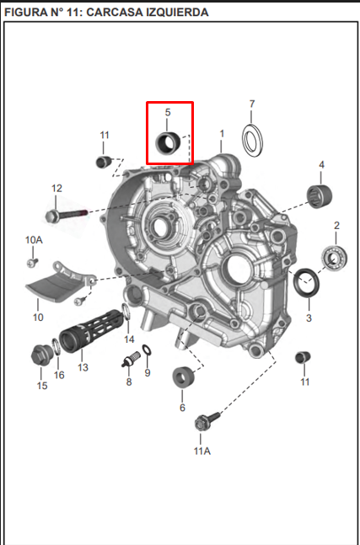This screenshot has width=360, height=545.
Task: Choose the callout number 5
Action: click(168, 112)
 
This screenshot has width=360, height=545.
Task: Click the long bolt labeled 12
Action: click(67, 215)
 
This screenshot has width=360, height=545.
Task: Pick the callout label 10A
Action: click(33, 240)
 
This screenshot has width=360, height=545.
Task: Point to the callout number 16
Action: click(59, 375)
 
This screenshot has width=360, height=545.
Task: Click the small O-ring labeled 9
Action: click(147, 350)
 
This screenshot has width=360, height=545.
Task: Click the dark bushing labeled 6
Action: click(182, 378)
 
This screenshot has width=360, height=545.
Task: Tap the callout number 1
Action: click(222, 133)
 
